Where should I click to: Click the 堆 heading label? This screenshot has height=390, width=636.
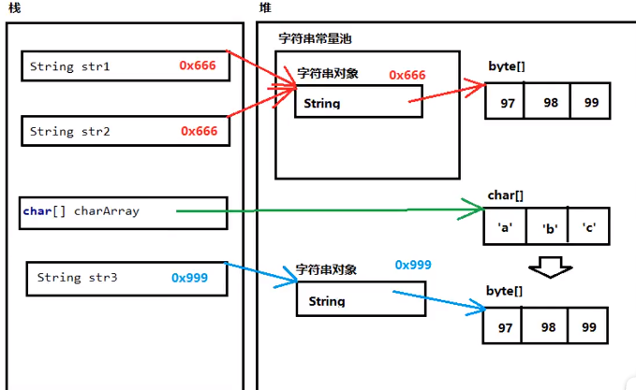265,7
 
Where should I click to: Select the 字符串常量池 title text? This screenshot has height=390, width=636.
315,39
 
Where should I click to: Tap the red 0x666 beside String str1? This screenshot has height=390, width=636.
199,65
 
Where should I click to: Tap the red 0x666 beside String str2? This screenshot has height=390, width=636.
199,131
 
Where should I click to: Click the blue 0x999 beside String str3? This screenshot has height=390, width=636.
189,278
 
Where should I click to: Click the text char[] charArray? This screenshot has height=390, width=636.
81,211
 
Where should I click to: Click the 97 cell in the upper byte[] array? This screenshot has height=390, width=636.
507,102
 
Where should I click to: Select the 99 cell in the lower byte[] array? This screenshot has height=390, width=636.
589,327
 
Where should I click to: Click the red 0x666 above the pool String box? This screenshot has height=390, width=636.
407,75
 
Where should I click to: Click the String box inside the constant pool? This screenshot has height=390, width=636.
357,102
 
